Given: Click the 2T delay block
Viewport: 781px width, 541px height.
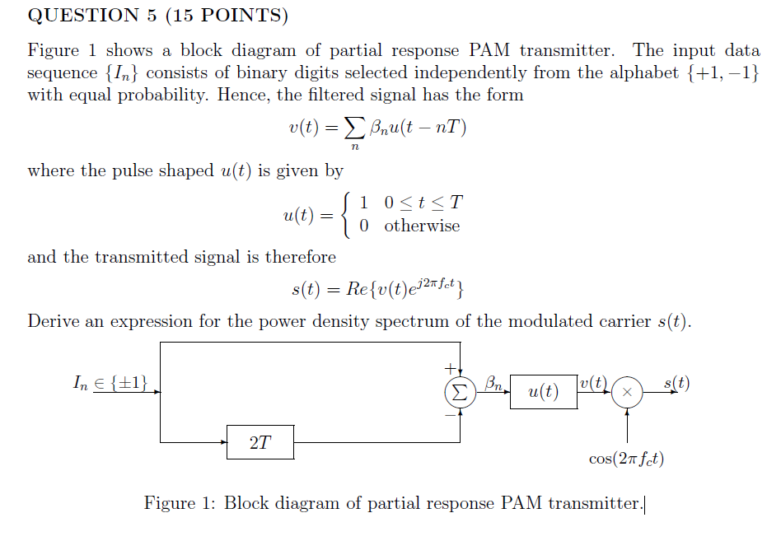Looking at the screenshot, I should [x=260, y=442].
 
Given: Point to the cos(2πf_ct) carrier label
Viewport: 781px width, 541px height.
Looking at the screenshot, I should [x=627, y=459].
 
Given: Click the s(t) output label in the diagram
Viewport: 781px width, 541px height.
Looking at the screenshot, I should [x=676, y=383].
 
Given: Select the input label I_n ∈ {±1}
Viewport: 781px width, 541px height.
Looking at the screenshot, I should [x=110, y=382].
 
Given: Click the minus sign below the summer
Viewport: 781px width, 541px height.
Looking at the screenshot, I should [x=450, y=415].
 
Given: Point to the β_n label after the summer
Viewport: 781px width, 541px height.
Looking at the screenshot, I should [x=493, y=382].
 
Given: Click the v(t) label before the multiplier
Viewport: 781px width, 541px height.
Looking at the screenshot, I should [x=593, y=383].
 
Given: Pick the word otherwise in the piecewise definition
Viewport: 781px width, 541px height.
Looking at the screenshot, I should [x=422, y=226].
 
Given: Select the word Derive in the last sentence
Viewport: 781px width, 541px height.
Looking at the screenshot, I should [x=54, y=321].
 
